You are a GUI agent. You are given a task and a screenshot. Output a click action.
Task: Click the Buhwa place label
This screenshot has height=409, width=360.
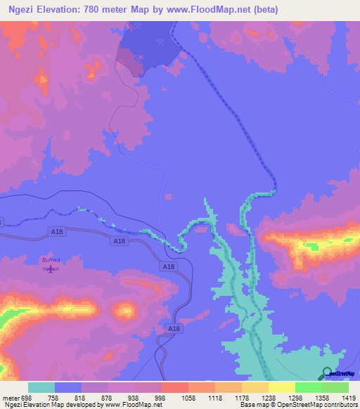[49, 260]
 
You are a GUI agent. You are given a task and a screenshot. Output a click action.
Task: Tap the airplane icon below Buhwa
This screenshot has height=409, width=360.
[49, 269]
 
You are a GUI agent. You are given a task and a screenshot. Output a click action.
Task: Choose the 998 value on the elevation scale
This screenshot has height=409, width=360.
[160, 398]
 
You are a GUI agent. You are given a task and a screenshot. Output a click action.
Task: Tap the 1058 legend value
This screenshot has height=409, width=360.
[187, 398]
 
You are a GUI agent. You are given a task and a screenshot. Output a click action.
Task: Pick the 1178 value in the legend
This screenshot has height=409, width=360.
[240, 398]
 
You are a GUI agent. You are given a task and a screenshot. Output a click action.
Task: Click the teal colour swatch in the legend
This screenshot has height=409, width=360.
[41, 387]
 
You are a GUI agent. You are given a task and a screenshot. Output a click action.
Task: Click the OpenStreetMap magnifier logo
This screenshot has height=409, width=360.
[325, 373]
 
